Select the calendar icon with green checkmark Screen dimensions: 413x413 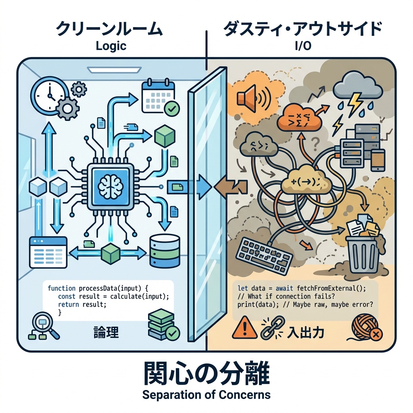coord(158,97)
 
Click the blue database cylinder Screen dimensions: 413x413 coord(164,251)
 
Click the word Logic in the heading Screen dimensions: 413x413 coord(111,46)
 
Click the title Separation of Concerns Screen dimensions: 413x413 coord(206,394)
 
